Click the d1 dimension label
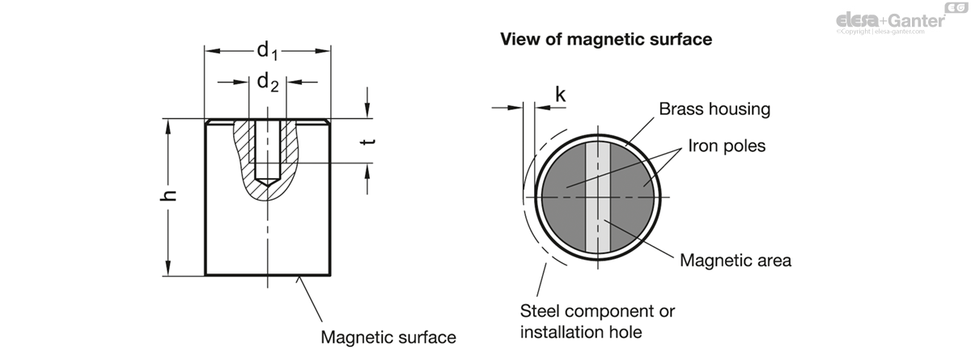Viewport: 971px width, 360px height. click(x=267, y=50)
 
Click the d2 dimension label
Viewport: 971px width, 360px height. click(x=268, y=82)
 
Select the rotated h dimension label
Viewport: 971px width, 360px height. click(x=168, y=195)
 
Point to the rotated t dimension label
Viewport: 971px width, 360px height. click(x=368, y=142)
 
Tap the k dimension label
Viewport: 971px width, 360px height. click(x=561, y=94)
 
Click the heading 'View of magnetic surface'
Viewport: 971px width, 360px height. click(x=606, y=39)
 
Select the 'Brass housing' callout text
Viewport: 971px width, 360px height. click(x=714, y=108)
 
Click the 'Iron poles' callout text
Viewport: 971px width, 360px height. click(x=727, y=146)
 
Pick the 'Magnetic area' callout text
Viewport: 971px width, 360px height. click(x=736, y=260)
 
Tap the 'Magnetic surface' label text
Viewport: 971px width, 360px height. click(x=388, y=337)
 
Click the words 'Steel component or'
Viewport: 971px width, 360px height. click(x=597, y=311)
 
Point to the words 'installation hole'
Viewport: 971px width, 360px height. click(x=581, y=332)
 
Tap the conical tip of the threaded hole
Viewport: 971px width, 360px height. click(x=267, y=182)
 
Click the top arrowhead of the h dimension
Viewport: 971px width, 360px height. click(x=168, y=125)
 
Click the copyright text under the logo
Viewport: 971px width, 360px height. click(x=880, y=32)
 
